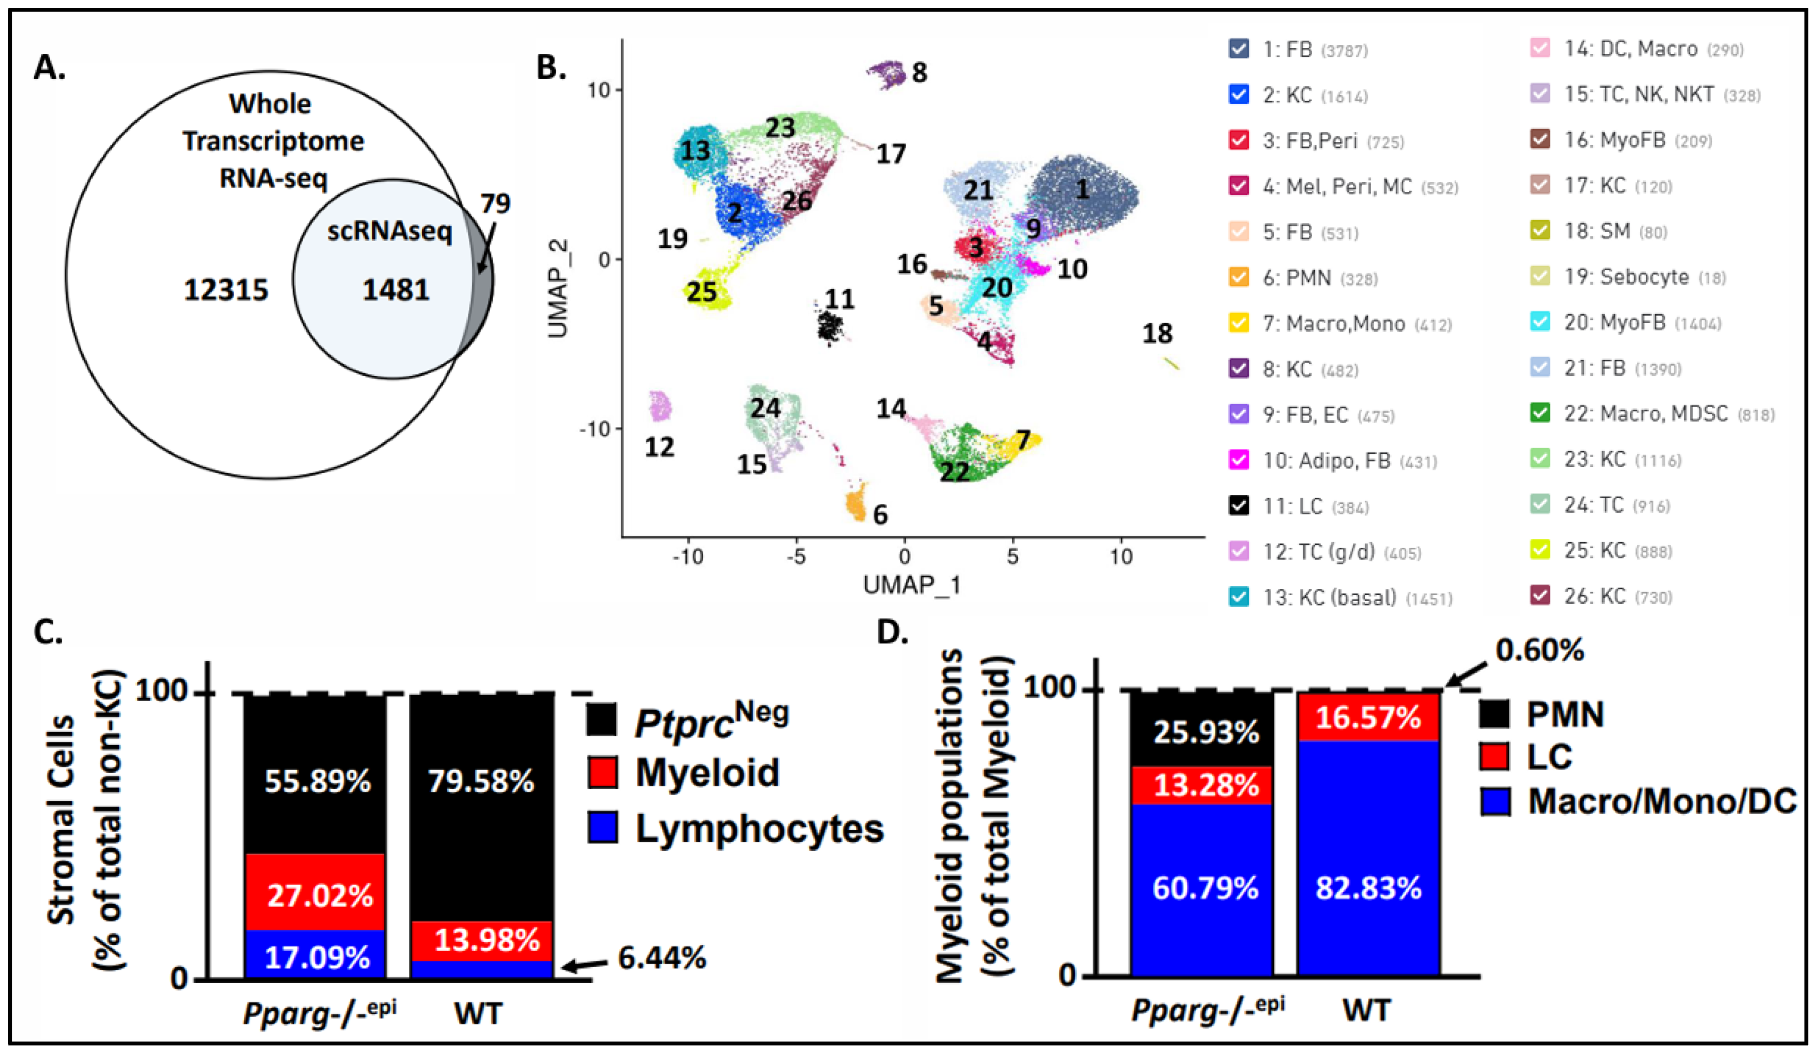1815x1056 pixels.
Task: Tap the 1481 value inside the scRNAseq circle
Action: tap(395, 290)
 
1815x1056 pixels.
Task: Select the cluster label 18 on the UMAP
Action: tap(1158, 333)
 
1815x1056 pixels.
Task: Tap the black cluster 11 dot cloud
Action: tap(831, 328)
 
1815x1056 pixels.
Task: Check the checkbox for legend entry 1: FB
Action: tap(1238, 49)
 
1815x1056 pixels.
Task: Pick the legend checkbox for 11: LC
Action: tap(1238, 506)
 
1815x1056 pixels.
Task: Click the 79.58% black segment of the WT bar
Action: tap(481, 782)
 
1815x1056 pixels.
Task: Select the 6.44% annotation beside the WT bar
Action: tap(662, 958)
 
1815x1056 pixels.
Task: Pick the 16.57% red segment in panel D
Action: tap(1368, 718)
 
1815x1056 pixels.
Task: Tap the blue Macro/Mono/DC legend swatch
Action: tap(1495, 801)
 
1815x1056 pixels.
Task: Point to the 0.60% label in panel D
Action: tap(1540, 651)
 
